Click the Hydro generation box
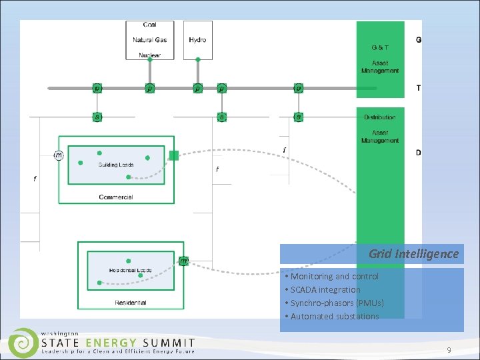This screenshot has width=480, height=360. click(x=198, y=40)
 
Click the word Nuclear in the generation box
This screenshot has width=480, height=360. click(x=150, y=55)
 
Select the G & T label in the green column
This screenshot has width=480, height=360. click(x=380, y=47)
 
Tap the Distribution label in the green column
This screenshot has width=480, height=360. click(x=380, y=117)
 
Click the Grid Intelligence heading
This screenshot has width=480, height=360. click(x=413, y=254)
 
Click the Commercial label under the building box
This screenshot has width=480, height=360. click(x=116, y=197)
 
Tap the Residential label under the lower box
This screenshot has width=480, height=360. click(x=131, y=303)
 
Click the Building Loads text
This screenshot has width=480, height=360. click(x=116, y=165)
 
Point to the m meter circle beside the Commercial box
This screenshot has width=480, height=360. click(x=59, y=155)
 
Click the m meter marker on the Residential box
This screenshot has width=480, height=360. click(x=183, y=261)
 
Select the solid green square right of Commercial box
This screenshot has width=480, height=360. click(x=174, y=155)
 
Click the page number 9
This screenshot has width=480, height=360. click(x=449, y=349)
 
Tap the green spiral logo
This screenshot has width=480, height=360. click(x=23, y=343)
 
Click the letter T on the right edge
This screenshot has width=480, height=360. click(x=419, y=88)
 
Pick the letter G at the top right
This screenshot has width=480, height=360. click(x=419, y=40)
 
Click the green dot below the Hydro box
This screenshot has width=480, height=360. click(x=198, y=60)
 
